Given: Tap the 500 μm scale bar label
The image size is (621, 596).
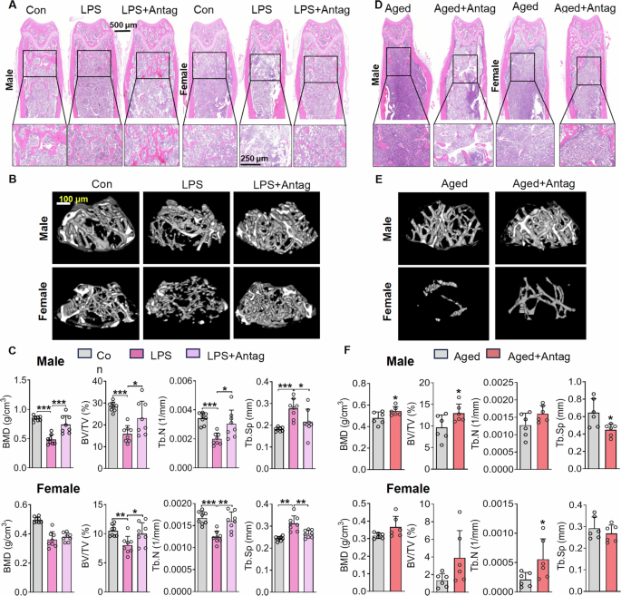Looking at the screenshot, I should tap(123, 25).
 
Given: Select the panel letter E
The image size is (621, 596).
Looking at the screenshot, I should tap(377, 180).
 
